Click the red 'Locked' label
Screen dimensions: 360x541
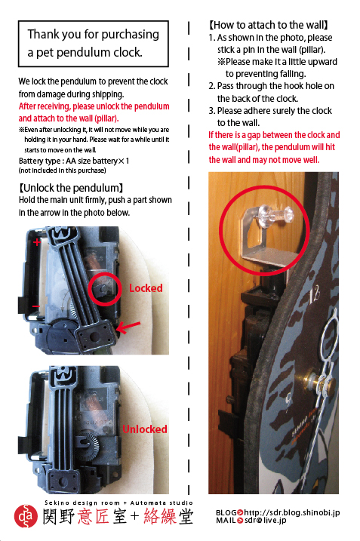pos(146,288)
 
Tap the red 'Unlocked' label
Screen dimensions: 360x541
pos(145,429)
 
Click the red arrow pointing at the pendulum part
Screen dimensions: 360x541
pos(128,327)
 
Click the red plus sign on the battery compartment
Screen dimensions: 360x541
pos(36,242)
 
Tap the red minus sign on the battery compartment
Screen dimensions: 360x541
pos(36,306)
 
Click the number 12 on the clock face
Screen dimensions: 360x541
pos(313,295)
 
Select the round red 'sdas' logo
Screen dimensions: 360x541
pos(26,516)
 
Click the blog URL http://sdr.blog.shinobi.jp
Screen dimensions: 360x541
pos(292,513)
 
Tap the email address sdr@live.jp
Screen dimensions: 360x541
pos(266,521)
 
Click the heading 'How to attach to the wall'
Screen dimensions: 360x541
pos(269,25)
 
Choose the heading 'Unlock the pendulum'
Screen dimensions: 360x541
pos(71,188)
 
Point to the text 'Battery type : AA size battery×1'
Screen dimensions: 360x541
pos(74,161)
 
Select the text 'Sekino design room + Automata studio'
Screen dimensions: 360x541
pos(118,503)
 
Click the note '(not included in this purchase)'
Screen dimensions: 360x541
pos(62,171)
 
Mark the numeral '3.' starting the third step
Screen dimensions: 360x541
pos(212,111)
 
